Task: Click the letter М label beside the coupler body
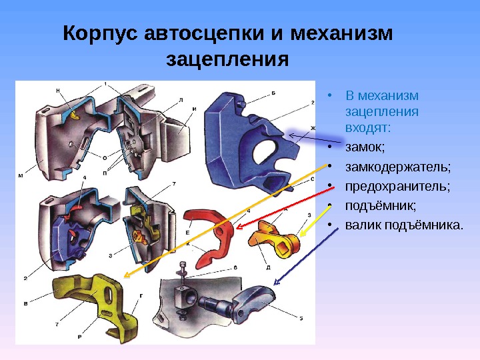pos(20,176)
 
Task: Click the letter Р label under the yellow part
pos(79,337)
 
